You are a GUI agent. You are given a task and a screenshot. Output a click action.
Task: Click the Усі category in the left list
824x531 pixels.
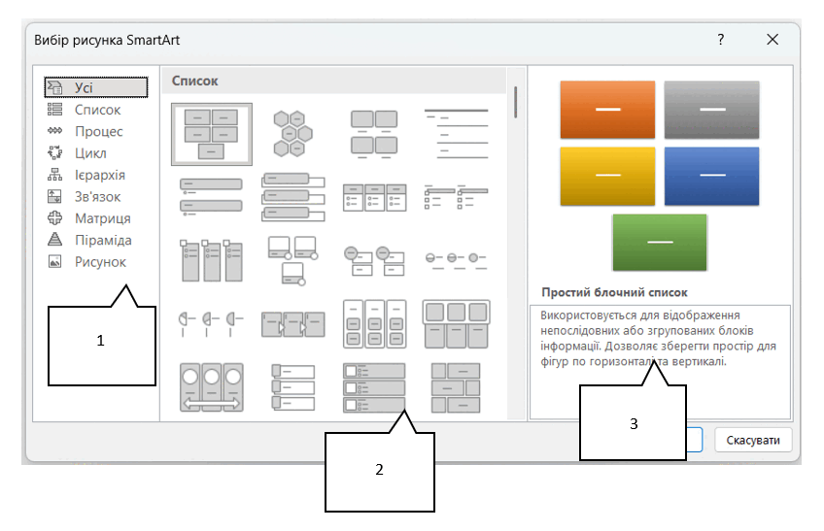click(x=95, y=87)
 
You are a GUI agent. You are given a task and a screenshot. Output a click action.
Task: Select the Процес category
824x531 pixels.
click(x=98, y=131)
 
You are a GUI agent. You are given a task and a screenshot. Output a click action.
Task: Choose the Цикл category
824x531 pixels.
click(x=90, y=152)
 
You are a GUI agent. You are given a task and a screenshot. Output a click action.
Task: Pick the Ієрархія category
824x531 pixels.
click(x=100, y=175)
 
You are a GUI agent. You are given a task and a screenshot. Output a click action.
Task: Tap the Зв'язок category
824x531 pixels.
click(x=97, y=196)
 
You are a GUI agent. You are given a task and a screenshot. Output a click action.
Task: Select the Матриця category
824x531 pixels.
click(x=102, y=218)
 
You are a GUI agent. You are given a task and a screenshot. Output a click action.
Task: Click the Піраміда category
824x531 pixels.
click(x=103, y=240)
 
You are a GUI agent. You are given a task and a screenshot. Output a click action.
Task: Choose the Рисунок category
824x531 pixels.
click(x=100, y=261)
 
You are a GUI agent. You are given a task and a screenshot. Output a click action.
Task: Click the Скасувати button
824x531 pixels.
click(x=752, y=440)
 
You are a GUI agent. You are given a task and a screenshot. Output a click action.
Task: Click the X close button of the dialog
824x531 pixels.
click(x=772, y=40)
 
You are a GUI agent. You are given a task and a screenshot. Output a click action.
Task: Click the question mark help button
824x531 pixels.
click(x=720, y=40)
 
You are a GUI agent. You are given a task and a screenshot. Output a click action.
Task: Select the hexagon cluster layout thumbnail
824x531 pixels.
click(x=292, y=134)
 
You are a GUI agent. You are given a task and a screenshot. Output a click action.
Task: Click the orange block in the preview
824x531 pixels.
click(x=607, y=110)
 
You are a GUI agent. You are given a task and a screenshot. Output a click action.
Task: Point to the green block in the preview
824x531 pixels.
click(x=660, y=242)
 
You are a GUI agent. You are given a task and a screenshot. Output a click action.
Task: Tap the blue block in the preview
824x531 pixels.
click(x=711, y=176)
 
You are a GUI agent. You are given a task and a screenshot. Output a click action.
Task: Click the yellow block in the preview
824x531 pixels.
click(x=607, y=176)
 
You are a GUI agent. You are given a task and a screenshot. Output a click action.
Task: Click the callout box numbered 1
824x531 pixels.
click(x=101, y=346)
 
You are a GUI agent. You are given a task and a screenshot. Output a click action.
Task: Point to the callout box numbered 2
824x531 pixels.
click(x=379, y=471)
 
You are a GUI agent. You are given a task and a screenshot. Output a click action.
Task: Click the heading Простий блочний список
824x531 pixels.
click(x=614, y=292)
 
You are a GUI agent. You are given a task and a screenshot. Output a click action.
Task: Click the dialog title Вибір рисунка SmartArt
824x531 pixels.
click(x=107, y=40)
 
